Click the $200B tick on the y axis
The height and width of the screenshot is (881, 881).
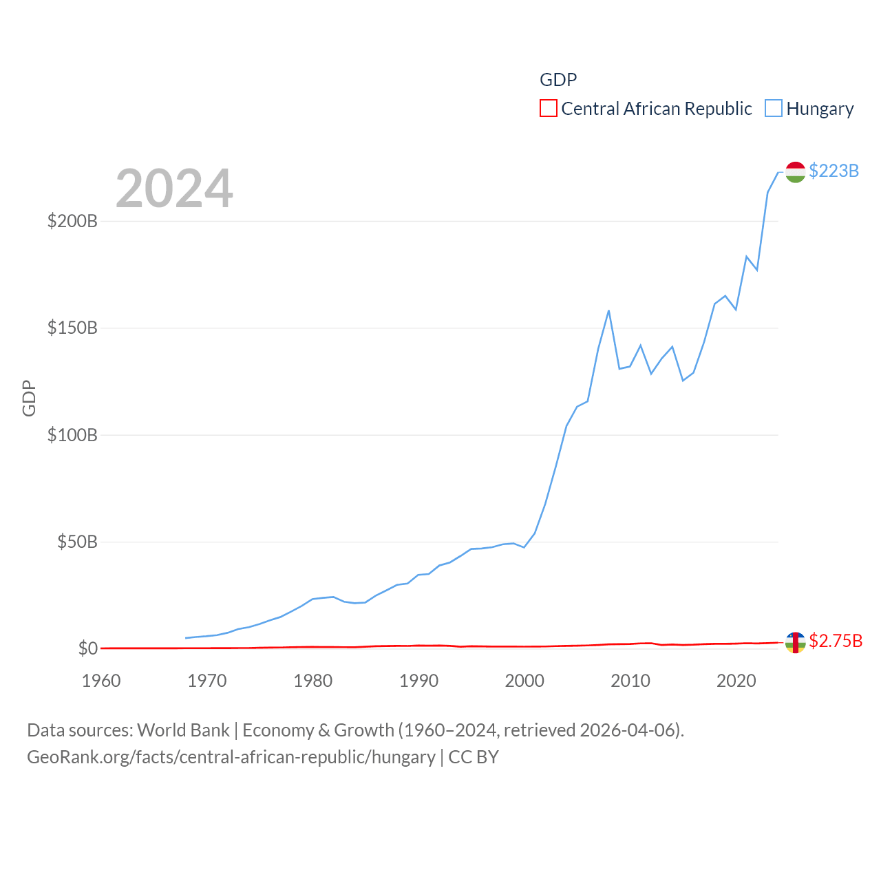(72, 221)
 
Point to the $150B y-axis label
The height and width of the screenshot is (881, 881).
(72, 328)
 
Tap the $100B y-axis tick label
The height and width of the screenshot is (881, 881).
(72, 435)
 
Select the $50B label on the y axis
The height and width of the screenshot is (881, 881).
(77, 542)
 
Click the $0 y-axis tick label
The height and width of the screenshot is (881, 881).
(88, 648)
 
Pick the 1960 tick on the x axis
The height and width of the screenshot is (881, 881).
(101, 681)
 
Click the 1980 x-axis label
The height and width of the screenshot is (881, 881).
(312, 681)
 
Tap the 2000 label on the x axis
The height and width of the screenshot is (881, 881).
(524, 681)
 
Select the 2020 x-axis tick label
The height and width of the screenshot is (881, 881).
(736, 681)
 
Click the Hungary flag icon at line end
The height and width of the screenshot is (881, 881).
(795, 172)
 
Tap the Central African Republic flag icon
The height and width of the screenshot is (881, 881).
(795, 642)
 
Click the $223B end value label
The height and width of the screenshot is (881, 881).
(834, 171)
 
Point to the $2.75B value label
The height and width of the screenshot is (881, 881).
(836, 641)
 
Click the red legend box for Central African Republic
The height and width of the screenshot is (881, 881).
(549, 109)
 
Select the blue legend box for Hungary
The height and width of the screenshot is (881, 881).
(774, 109)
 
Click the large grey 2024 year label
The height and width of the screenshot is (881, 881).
(174, 189)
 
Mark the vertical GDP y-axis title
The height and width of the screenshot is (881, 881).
(29, 398)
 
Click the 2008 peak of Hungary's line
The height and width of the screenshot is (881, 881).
(608, 310)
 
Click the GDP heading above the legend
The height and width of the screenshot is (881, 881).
(558, 80)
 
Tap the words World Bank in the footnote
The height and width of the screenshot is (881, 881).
(183, 730)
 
